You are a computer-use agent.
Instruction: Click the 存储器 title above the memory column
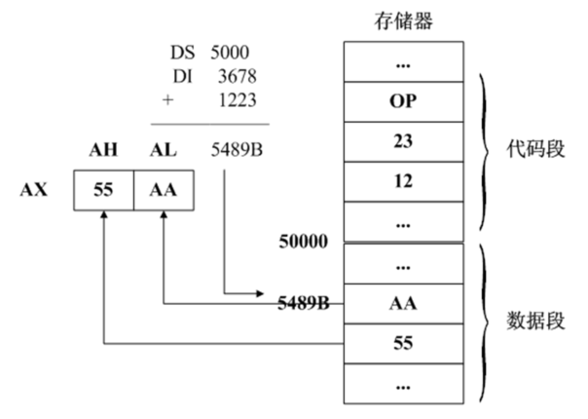(403, 19)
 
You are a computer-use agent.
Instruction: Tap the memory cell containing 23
(403, 141)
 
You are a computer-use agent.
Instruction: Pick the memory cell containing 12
(403, 181)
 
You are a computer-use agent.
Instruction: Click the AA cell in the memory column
(403, 303)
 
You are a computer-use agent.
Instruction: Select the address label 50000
(304, 238)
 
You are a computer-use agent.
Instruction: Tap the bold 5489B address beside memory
(302, 303)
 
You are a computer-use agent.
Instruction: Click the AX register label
(35, 189)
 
